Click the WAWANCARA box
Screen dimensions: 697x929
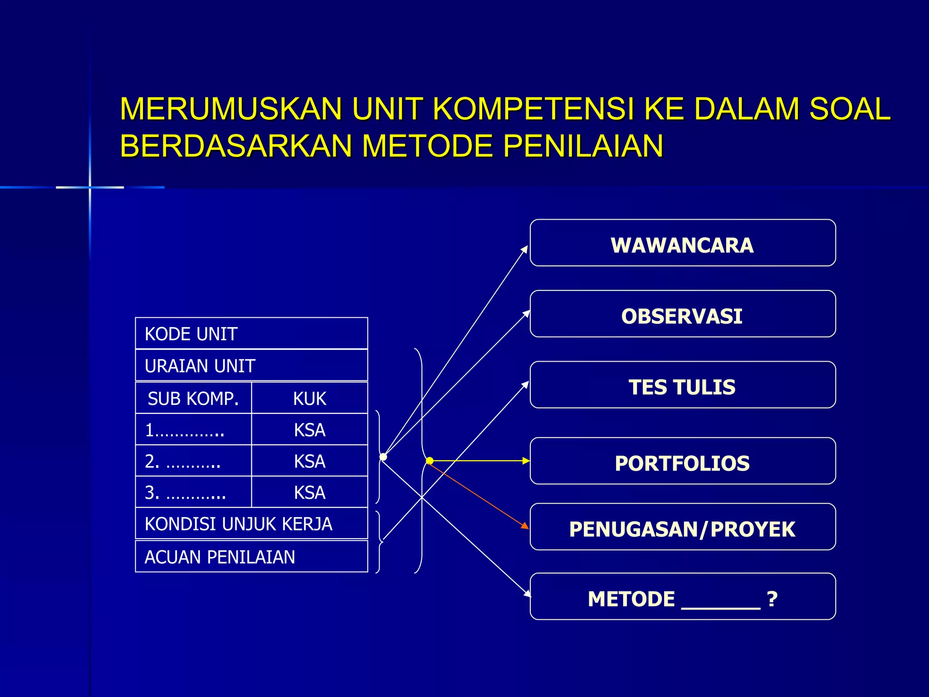click(682, 243)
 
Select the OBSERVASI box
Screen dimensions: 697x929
click(682, 314)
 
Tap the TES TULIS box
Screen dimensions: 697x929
click(682, 385)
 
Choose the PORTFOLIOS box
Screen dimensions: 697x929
click(682, 461)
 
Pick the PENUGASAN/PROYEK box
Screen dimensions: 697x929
click(682, 527)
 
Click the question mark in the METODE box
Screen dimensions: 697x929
click(772, 599)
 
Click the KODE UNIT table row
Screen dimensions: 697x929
click(251, 334)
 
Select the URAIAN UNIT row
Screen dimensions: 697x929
click(251, 366)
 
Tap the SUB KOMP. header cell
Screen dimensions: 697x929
click(193, 398)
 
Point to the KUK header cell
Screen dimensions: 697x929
click(309, 398)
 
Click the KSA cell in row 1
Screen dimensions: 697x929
click(309, 430)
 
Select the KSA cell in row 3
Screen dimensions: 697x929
click(309, 492)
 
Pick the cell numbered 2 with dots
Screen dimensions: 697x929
click(193, 461)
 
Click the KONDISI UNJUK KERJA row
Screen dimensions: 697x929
click(251, 524)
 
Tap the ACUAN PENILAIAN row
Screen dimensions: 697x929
click(251, 557)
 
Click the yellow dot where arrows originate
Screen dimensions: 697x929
click(430, 461)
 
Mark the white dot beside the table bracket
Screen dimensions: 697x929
click(383, 456)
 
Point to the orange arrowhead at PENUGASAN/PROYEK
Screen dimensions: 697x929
click(525, 526)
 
